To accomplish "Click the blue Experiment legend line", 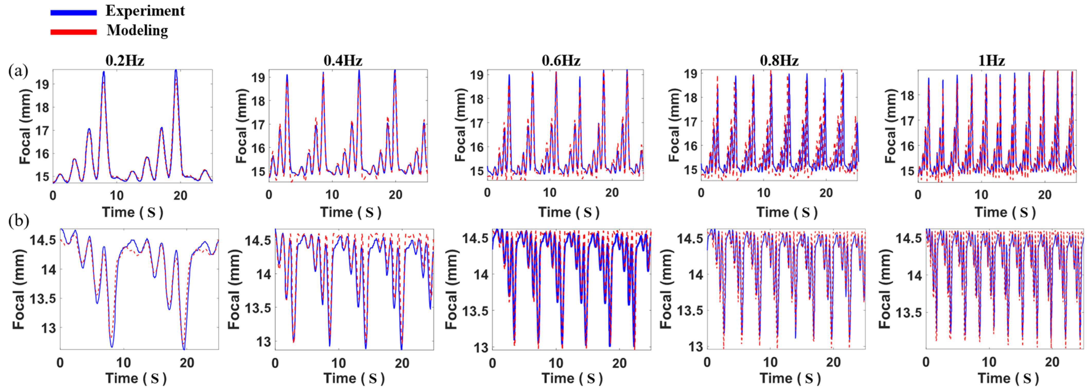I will pyautogui.click(x=73, y=12).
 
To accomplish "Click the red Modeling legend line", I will pyautogui.click(x=73, y=32).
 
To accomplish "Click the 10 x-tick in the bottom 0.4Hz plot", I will pyautogui.click(x=338, y=363).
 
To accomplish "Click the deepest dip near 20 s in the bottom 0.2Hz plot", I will pyautogui.click(x=184, y=348).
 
